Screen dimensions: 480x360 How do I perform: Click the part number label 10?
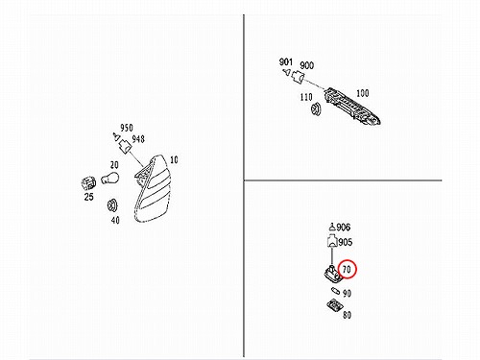click(x=174, y=159)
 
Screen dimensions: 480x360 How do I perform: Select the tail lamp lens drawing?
click(x=153, y=189)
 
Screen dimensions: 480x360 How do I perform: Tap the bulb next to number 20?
click(x=109, y=178)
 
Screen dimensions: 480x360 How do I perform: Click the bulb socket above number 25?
click(x=88, y=183)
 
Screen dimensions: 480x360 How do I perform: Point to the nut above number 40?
click(x=112, y=205)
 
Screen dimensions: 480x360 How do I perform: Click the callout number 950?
click(x=127, y=128)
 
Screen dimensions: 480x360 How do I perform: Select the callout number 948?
click(x=138, y=139)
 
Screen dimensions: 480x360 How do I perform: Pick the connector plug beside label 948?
click(x=125, y=147)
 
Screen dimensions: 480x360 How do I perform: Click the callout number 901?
click(x=286, y=61)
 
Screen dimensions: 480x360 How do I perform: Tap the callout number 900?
click(x=306, y=65)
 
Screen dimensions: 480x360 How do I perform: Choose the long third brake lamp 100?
click(x=352, y=106)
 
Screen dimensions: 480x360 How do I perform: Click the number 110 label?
click(x=306, y=97)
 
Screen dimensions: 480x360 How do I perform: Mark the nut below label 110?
click(x=316, y=108)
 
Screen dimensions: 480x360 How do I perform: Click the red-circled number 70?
click(x=347, y=270)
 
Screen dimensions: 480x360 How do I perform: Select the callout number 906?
click(x=344, y=228)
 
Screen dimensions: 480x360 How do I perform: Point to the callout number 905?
click(x=346, y=242)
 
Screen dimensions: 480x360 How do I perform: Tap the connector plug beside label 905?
click(x=332, y=241)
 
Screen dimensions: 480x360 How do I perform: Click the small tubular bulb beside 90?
click(x=336, y=291)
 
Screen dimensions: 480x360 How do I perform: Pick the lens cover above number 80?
click(x=335, y=304)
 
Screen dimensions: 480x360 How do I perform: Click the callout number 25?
click(x=88, y=197)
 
